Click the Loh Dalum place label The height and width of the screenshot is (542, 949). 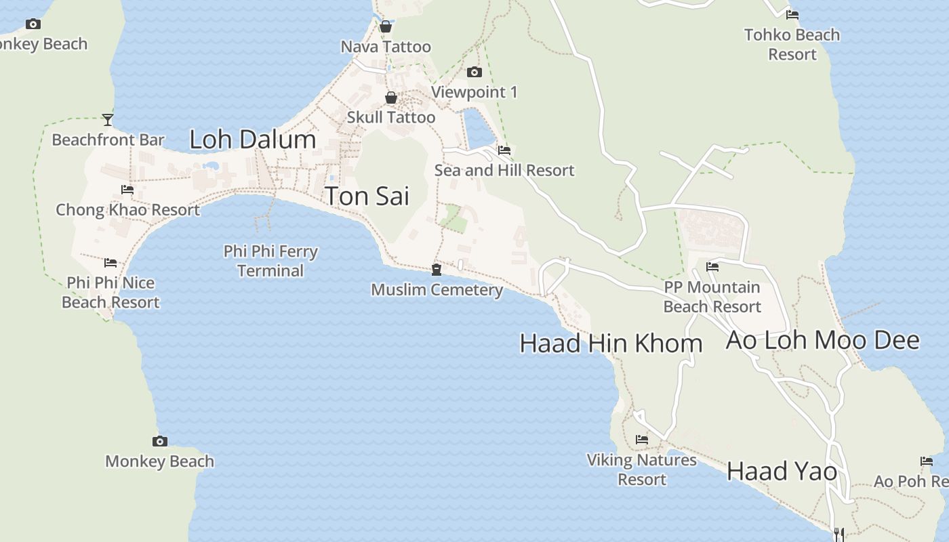253,140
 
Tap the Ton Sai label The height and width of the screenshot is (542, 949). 367,196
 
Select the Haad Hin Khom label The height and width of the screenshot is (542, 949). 610,343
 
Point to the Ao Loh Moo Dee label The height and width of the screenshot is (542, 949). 822,340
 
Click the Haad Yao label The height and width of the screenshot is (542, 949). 782,471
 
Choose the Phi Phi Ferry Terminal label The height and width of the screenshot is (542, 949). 270,261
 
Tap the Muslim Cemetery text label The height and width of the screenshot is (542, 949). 437,290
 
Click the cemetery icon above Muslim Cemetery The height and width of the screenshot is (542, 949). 437,270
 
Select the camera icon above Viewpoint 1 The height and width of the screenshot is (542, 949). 474,72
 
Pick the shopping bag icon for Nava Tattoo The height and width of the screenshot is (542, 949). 386,27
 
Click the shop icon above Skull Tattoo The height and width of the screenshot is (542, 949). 391,98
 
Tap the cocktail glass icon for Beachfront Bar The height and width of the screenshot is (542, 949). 108,120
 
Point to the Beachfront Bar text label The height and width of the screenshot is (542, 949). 108,140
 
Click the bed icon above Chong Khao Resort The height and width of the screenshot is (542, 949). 127,190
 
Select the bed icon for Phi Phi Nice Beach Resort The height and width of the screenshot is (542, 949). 110,263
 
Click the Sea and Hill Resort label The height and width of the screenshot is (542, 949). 504,170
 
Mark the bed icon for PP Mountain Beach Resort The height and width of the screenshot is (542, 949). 712,267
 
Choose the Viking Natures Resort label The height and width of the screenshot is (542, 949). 642,470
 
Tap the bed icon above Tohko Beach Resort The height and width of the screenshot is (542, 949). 792,14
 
